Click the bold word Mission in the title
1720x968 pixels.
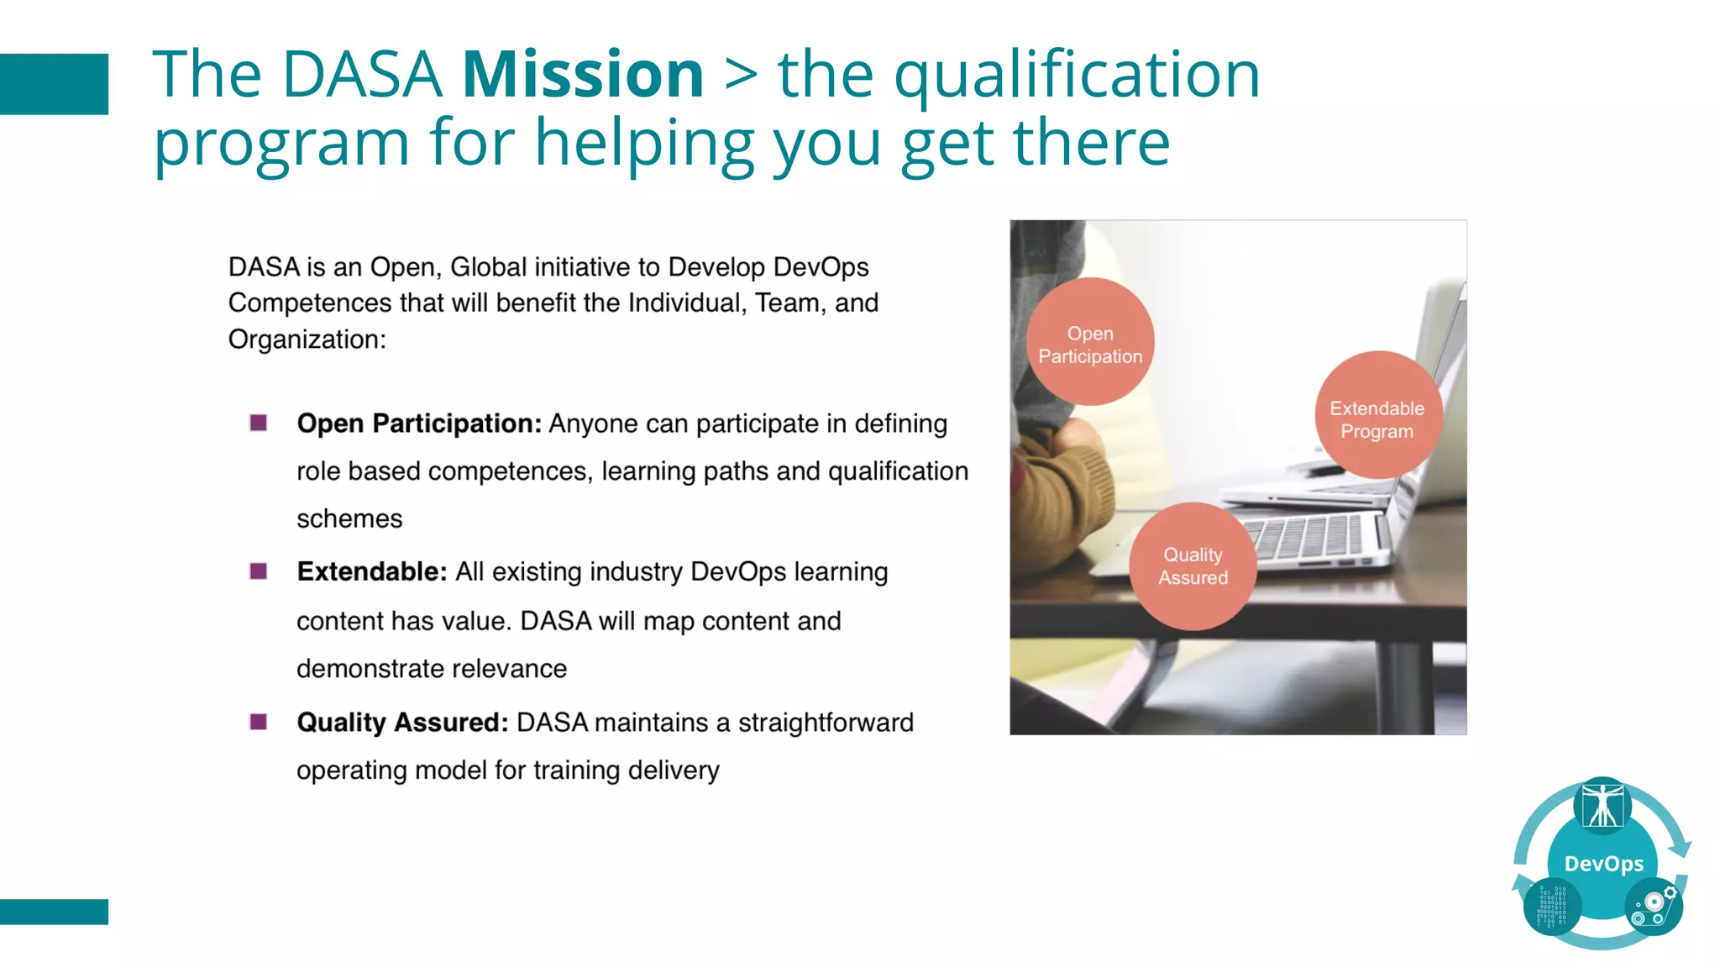(x=583, y=75)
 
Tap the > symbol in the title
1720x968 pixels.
(x=741, y=76)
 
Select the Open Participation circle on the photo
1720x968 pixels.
(x=1090, y=342)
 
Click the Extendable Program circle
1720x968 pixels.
(x=1377, y=416)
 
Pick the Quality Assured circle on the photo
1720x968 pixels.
(x=1193, y=566)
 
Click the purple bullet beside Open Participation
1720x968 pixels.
(x=259, y=423)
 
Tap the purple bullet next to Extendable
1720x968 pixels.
(x=259, y=571)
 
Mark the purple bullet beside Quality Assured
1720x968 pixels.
(x=259, y=722)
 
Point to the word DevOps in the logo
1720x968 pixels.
(x=1603, y=864)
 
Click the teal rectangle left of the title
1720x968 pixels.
(x=54, y=84)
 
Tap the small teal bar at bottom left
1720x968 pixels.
(x=54, y=912)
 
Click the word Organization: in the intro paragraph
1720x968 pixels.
(x=307, y=339)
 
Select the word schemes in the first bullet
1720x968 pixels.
(x=349, y=519)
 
